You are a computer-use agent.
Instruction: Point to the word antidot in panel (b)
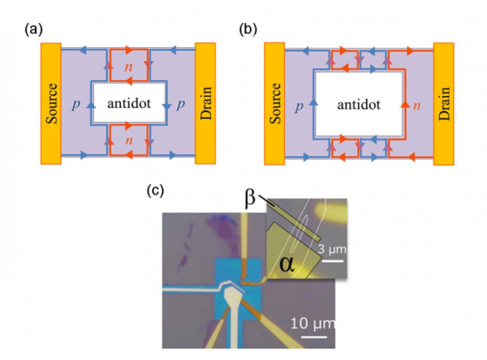click(359, 105)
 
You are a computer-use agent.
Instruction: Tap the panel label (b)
click(249, 30)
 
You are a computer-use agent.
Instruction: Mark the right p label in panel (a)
click(182, 107)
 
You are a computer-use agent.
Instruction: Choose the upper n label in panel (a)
click(129, 67)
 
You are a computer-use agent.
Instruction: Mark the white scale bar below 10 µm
click(307, 336)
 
